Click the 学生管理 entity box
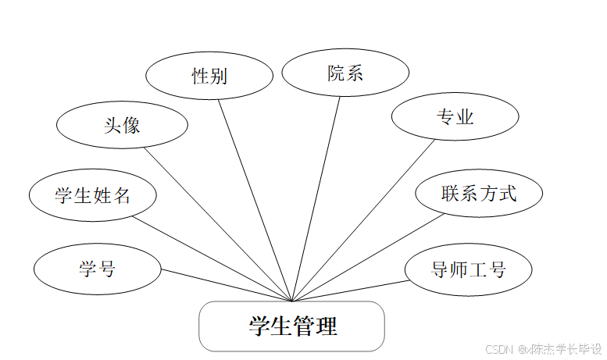click(x=292, y=326)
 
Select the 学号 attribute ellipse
click(x=97, y=269)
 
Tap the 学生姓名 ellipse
click(x=92, y=195)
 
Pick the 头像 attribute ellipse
click(x=123, y=124)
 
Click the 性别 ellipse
click(x=209, y=76)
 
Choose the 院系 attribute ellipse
click(x=345, y=74)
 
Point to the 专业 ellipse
click(x=455, y=118)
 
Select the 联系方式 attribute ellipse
click(x=479, y=193)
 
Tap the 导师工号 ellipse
click(x=469, y=269)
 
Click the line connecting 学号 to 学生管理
click(x=227, y=286)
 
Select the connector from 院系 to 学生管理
click(x=316, y=198)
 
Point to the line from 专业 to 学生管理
click(x=363, y=220)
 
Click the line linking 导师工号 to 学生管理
click(x=349, y=290)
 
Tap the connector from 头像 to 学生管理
click(x=219, y=224)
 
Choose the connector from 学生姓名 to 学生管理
click(x=212, y=258)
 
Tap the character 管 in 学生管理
click(x=304, y=326)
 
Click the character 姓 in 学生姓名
click(x=102, y=195)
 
